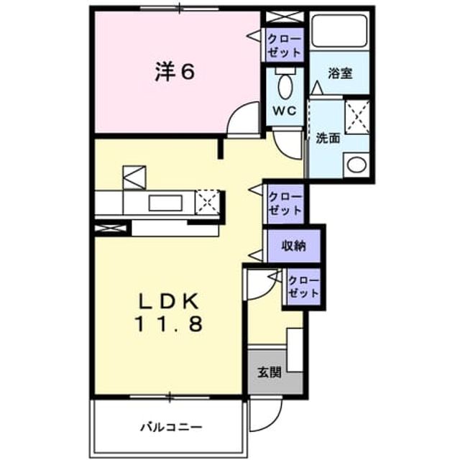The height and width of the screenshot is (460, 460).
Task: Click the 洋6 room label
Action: click(175, 72)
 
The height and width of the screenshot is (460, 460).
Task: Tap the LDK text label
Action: click(168, 300)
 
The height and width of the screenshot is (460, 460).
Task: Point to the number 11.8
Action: click(168, 324)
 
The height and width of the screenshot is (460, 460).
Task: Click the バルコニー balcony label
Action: click(171, 427)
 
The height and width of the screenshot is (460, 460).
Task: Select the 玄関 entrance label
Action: click(270, 372)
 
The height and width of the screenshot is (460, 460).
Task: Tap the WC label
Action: click(285, 111)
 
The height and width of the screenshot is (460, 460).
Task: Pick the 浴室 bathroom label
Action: click(340, 73)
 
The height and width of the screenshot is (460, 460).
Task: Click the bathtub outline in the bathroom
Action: click(339, 31)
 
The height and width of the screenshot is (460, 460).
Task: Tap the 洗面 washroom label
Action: click(328, 138)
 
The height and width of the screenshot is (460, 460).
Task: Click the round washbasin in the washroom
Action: click(357, 165)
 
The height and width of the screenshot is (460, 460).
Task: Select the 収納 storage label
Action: click(294, 246)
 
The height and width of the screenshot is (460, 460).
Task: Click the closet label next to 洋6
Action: click(285, 45)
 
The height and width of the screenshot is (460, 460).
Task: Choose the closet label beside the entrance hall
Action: click(303, 287)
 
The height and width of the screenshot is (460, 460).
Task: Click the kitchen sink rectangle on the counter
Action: click(165, 203)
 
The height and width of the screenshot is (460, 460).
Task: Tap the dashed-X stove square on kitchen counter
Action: click(208, 203)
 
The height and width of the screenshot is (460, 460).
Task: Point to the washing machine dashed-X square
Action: click(357, 117)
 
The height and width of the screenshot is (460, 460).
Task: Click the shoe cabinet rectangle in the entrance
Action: click(295, 350)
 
